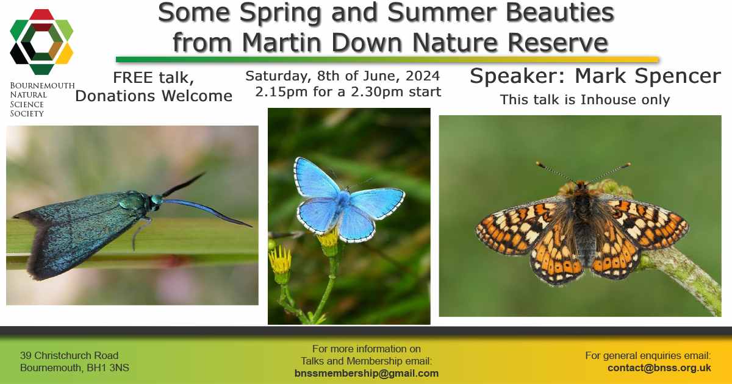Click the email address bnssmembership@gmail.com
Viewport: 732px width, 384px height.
tap(366, 373)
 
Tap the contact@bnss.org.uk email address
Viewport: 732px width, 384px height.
tap(659, 368)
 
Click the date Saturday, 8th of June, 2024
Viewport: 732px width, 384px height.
tap(342, 77)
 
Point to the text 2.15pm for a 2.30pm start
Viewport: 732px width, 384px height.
tap(348, 93)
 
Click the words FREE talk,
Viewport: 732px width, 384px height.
tap(154, 79)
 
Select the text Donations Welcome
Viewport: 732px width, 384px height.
tap(154, 96)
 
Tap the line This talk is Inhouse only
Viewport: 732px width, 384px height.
tap(584, 99)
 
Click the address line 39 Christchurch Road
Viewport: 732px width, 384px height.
tap(69, 355)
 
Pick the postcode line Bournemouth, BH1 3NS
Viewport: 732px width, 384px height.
tap(74, 368)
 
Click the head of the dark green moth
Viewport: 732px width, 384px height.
tap(156, 200)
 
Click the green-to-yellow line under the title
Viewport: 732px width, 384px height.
tap(387, 60)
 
